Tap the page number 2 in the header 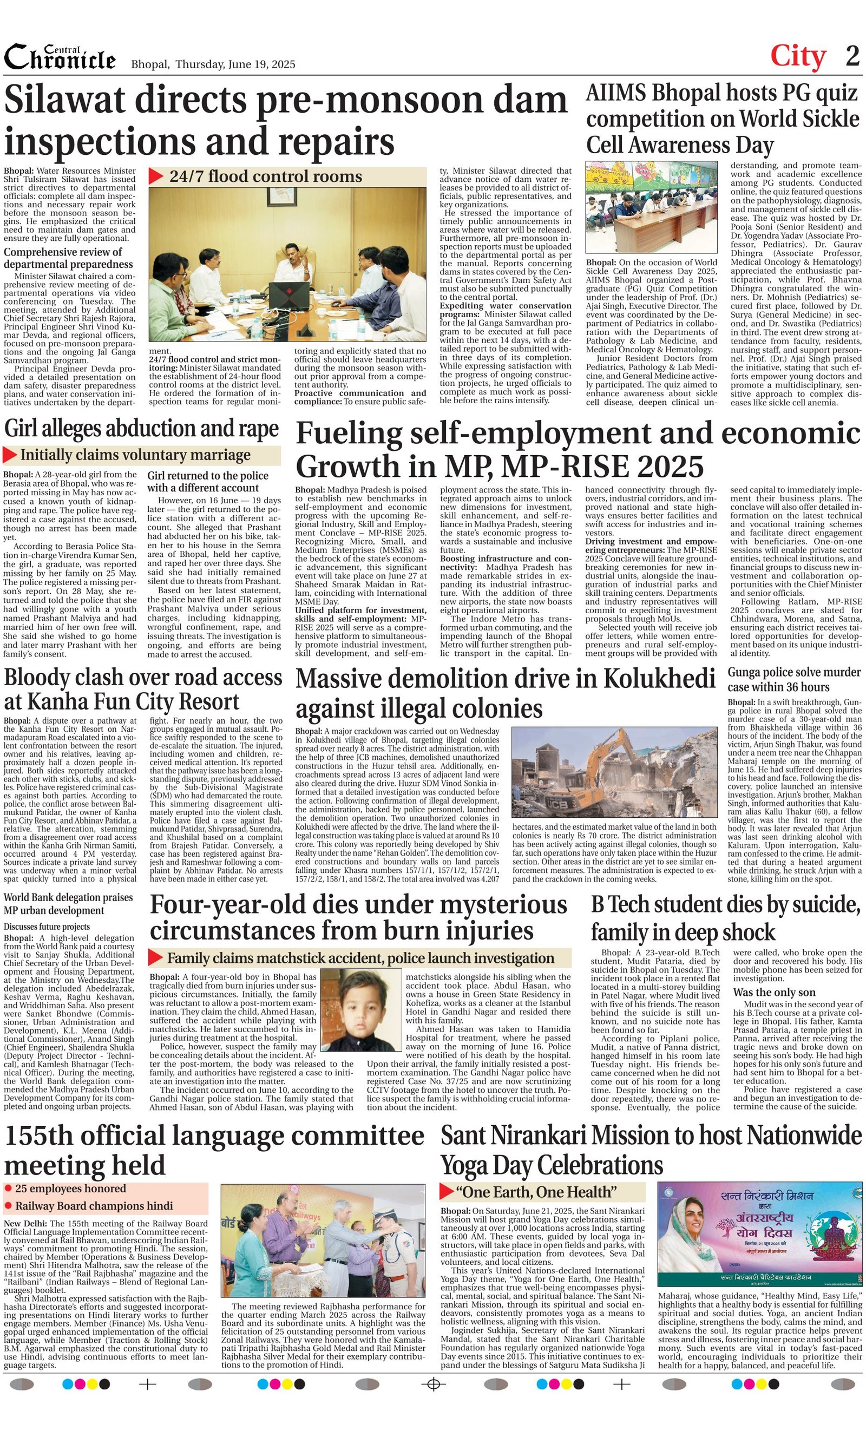pyautogui.click(x=852, y=56)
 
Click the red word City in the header pyautogui.click(x=797, y=56)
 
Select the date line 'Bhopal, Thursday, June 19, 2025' pyautogui.click(x=213, y=64)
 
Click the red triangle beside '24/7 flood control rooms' pyautogui.click(x=156, y=176)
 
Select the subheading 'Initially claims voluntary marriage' pyautogui.click(x=135, y=455)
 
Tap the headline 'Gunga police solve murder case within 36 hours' pyautogui.click(x=794, y=679)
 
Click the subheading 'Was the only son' pyautogui.click(x=773, y=992)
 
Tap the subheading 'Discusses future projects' pyautogui.click(x=47, y=927)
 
